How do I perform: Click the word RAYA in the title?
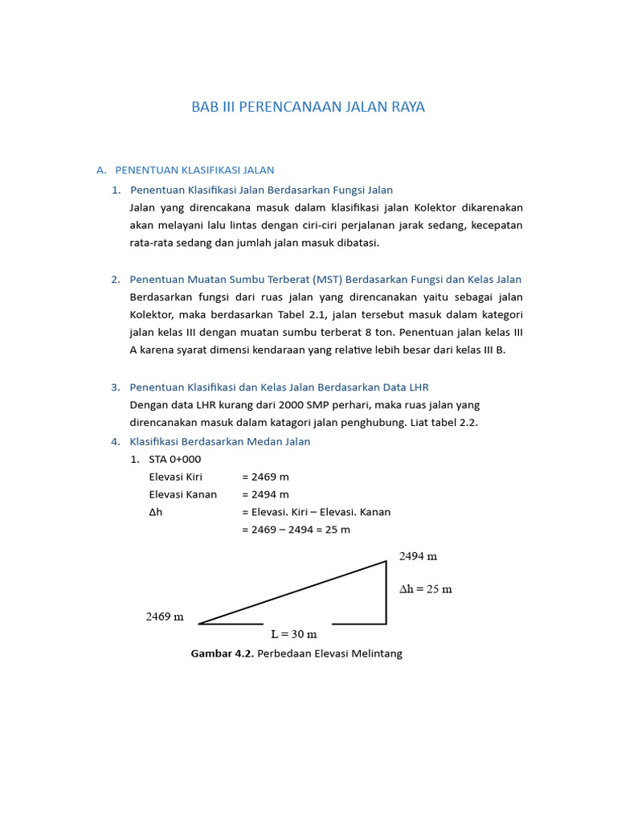(406, 107)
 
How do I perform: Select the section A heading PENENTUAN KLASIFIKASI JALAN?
(194, 170)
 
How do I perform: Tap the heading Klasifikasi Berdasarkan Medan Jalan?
(219, 441)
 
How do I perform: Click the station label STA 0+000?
(175, 459)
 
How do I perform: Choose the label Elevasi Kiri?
(176, 477)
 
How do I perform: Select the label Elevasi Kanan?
(182, 494)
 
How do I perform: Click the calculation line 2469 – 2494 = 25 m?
(296, 530)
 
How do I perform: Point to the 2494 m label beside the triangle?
(418, 556)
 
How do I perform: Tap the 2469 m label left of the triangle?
(165, 617)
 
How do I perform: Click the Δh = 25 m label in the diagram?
(426, 589)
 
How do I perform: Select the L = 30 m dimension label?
(293, 634)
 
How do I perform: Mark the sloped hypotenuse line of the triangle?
(293, 592)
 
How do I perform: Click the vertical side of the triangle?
(386, 592)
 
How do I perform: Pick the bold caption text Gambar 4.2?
(222, 653)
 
